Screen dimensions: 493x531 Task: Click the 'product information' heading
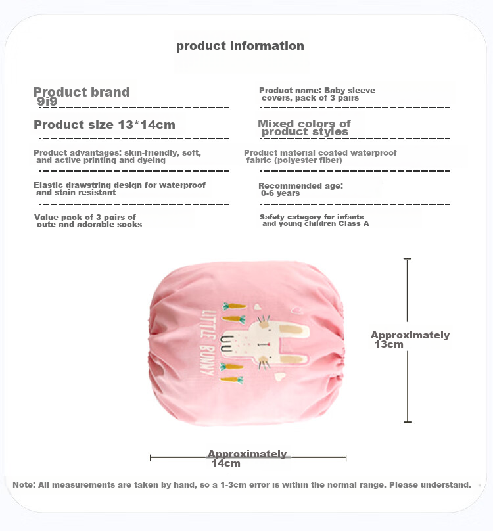[240, 46]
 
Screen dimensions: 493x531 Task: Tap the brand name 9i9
[47, 101]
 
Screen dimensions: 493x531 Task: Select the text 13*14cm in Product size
[147, 125]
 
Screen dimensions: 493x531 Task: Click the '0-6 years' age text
[280, 193]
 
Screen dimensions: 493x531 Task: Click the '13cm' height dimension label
[388, 344]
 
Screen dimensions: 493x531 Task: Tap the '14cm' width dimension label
[225, 463]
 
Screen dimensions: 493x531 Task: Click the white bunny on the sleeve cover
[265, 342]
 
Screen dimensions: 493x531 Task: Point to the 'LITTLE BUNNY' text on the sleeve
[207, 342]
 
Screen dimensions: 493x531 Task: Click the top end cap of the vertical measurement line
[408, 259]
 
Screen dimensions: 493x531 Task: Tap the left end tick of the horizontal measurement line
[150, 458]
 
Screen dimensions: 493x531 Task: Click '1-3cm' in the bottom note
[233, 485]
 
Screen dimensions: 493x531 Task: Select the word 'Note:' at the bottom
[24, 485]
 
